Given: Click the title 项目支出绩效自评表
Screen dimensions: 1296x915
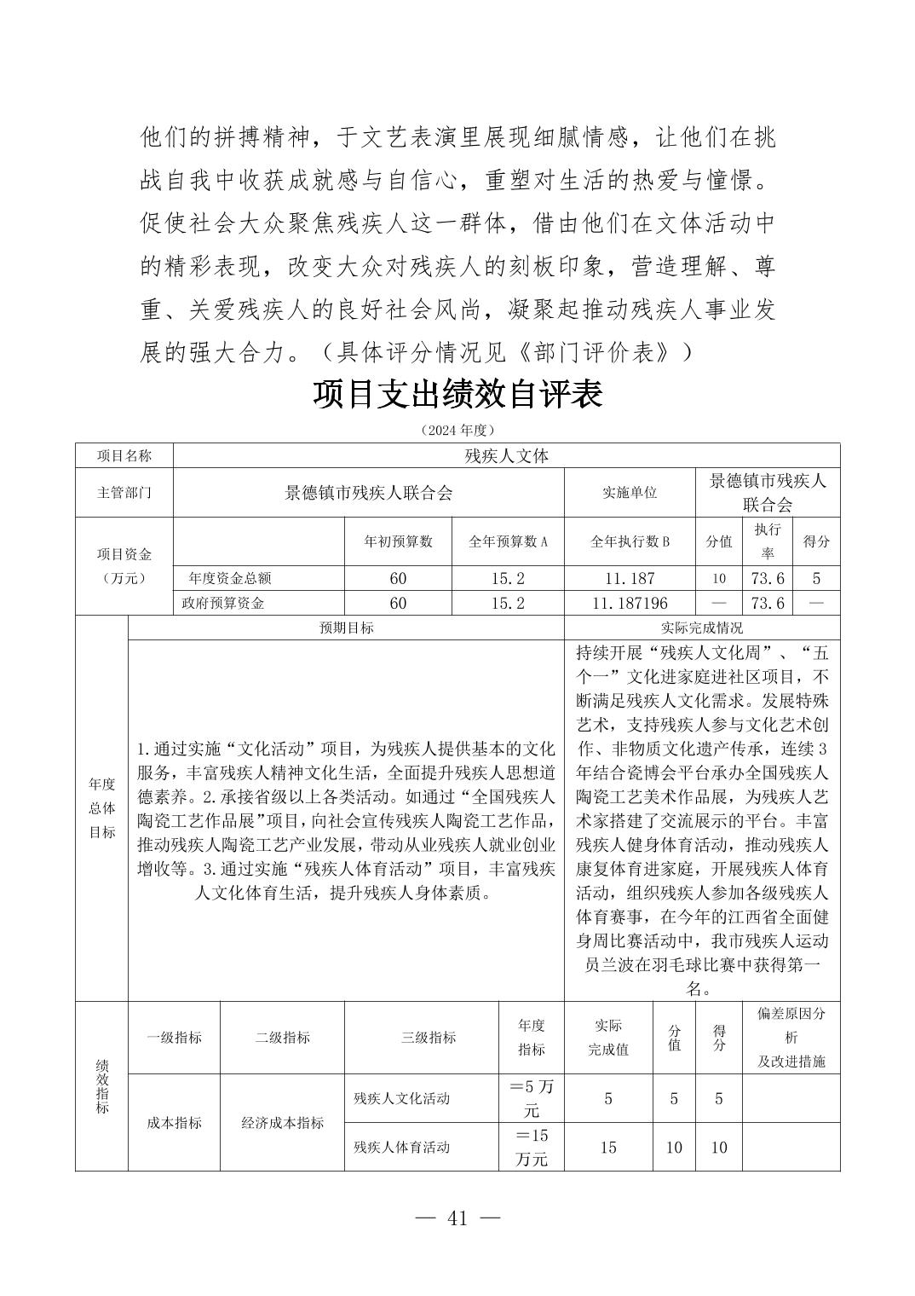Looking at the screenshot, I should coord(457,395).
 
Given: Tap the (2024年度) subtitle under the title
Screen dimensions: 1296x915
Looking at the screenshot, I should coord(457,431).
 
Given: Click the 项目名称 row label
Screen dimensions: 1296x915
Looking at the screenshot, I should coord(124,456).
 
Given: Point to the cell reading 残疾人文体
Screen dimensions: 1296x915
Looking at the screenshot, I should coord(506,456).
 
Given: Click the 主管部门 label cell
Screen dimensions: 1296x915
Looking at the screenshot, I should coord(124,493).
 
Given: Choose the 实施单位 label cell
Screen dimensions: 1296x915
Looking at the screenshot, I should coord(630,493).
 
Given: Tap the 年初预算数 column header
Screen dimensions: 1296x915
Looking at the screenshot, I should coord(398,541).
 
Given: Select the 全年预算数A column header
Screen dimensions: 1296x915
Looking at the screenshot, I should coord(508,541).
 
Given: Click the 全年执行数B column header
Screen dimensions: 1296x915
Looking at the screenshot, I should coord(630,541).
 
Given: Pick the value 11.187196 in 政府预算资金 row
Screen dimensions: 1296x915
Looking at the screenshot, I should coord(630,603).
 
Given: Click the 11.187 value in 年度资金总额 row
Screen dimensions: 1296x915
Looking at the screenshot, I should coord(630,578).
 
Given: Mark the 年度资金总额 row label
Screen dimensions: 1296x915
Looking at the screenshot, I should coord(230,578).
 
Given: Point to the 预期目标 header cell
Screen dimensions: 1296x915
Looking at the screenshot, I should coord(346,628).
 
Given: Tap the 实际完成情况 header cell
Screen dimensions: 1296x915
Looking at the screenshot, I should coord(702,628).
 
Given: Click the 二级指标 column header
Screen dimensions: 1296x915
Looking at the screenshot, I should coord(282,1038).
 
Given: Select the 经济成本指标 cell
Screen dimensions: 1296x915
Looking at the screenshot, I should coord(282,1123).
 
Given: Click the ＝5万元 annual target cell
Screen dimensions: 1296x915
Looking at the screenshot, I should coord(531,1098).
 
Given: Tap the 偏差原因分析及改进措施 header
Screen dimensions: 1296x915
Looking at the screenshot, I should coord(791,1038).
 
